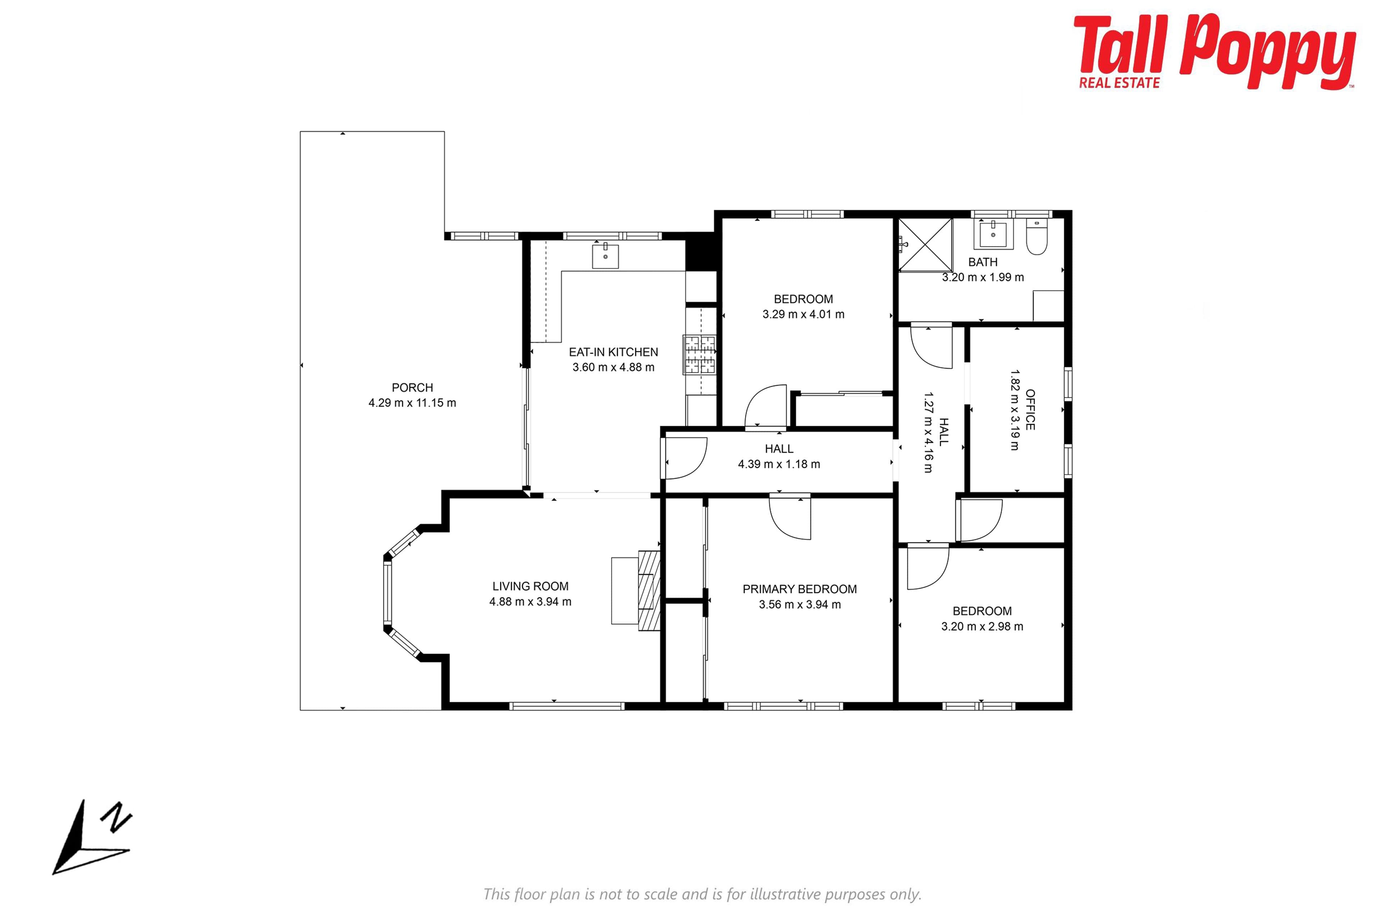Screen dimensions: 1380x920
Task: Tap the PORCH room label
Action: pyautogui.click(x=413, y=388)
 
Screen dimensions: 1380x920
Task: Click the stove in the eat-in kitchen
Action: pyautogui.click(x=699, y=354)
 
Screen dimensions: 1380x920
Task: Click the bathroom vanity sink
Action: pyautogui.click(x=993, y=234)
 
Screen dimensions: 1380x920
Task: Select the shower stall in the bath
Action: pyautogui.click(x=926, y=245)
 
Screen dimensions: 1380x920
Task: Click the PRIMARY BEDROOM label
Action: pyautogui.click(x=800, y=589)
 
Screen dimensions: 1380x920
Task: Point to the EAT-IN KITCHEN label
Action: pyautogui.click(x=614, y=352)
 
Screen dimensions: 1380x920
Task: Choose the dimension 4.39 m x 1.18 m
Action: pyautogui.click(x=779, y=464)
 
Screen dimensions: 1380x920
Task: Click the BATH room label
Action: pyautogui.click(x=983, y=262)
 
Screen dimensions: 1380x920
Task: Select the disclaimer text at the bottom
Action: pyautogui.click(x=702, y=894)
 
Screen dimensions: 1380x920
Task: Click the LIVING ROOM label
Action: pyautogui.click(x=530, y=586)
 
